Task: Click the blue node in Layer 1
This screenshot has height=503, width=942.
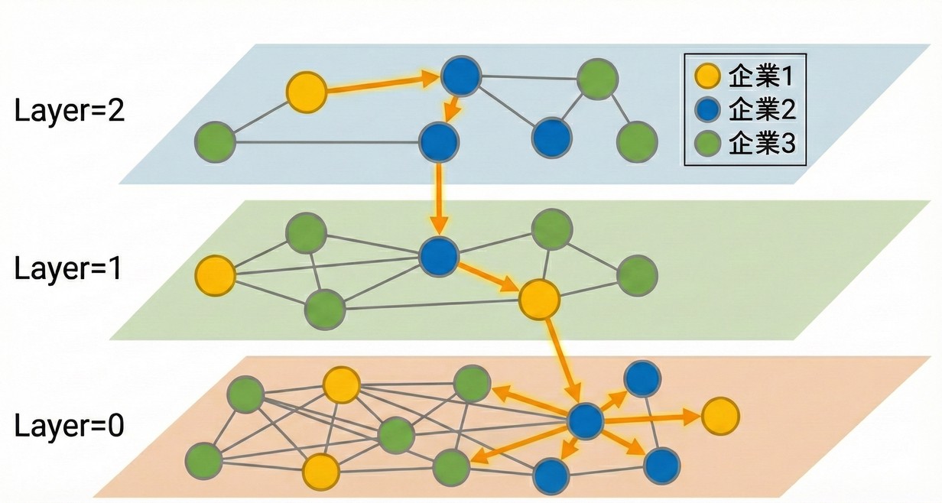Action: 439,255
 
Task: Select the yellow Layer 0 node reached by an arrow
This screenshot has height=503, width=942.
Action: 719,415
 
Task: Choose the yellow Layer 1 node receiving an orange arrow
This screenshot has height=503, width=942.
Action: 538,298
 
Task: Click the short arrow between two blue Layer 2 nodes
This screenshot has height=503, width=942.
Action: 452,108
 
